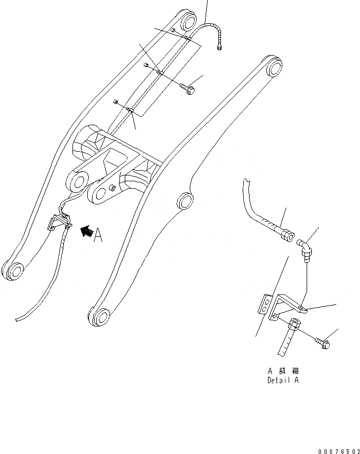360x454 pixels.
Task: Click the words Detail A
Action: click(283, 380)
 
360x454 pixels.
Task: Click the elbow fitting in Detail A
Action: click(306, 247)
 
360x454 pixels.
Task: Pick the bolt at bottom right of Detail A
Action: click(323, 344)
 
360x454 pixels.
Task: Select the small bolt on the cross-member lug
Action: click(112, 187)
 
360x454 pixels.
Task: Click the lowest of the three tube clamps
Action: click(131, 110)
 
